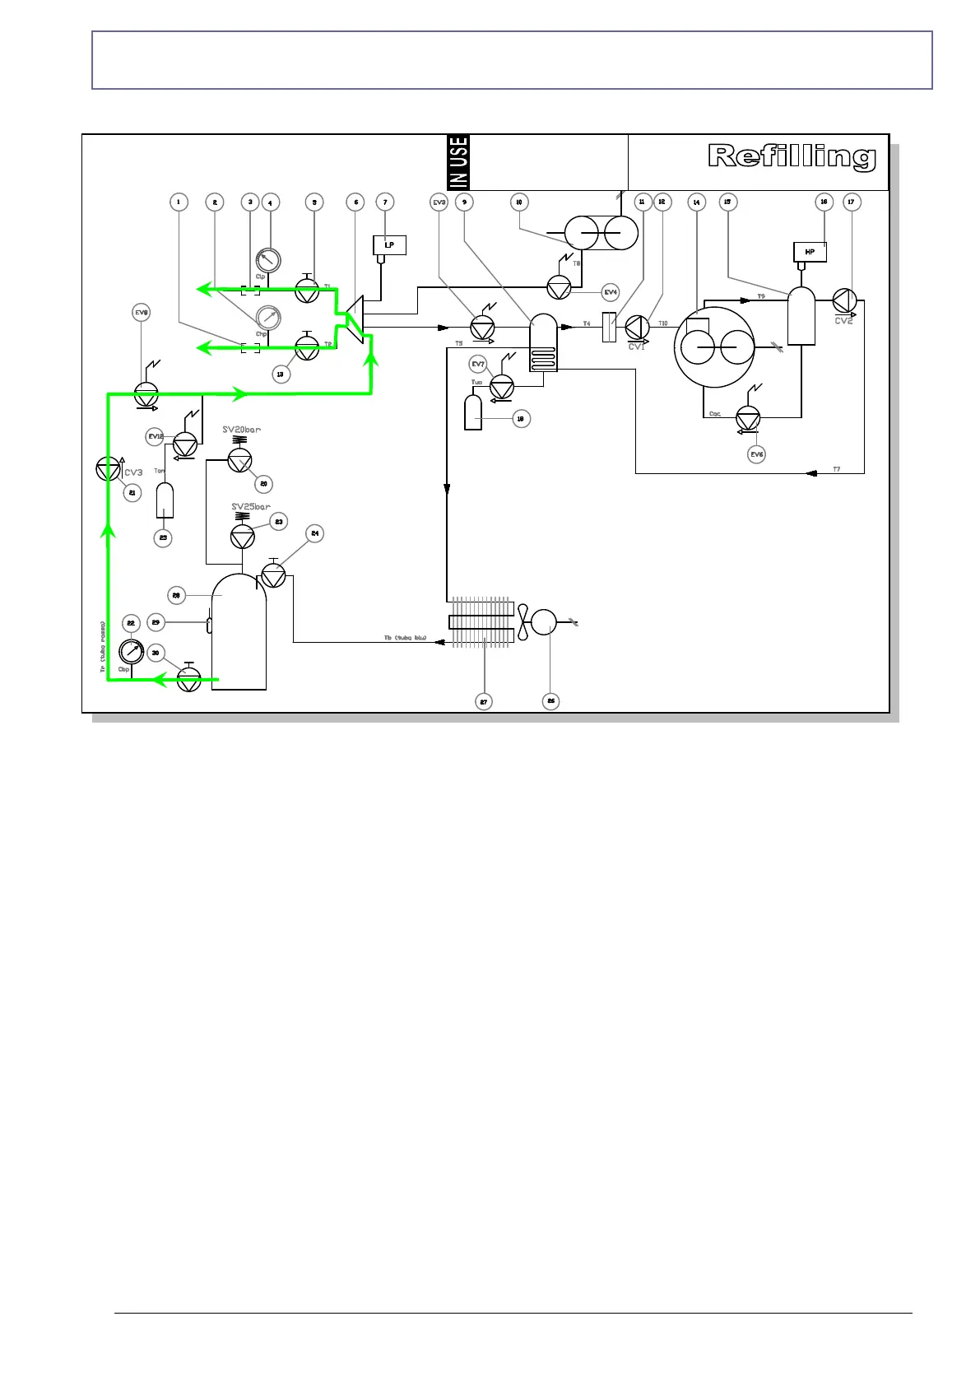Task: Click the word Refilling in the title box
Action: coord(792,156)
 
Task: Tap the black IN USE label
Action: coord(458,162)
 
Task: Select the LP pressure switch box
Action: coord(389,244)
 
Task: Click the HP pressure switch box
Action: coord(810,252)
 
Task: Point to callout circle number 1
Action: coord(179,202)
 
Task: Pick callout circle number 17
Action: coord(852,202)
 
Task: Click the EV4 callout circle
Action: coord(610,292)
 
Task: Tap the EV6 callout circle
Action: coord(756,454)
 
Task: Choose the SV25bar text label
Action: coord(251,507)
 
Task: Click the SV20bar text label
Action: coord(241,430)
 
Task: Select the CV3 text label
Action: coord(133,472)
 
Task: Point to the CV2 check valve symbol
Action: coord(844,300)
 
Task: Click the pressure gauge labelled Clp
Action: coord(267,259)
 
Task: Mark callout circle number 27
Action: coord(484,702)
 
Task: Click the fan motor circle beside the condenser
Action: coord(544,622)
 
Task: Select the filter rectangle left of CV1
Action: coord(609,328)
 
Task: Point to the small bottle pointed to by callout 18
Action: coord(473,412)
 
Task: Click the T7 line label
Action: coord(836,469)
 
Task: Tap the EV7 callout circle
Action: coord(478,364)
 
